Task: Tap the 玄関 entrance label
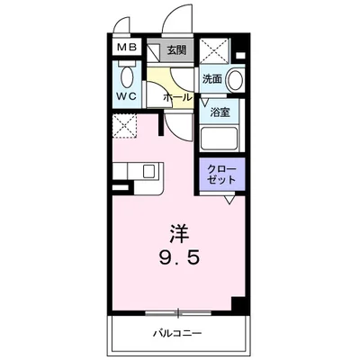point(176,49)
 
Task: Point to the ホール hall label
point(176,94)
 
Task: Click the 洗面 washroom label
point(211,79)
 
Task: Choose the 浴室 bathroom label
point(220,113)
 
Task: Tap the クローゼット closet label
point(220,175)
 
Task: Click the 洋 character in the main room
point(179,229)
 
